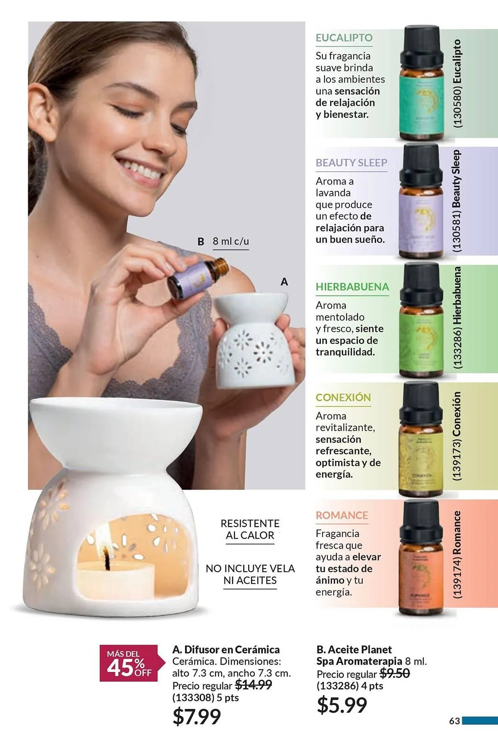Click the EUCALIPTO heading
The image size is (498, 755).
[344, 38]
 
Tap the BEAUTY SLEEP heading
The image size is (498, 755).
[351, 163]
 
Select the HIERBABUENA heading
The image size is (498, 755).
[352, 287]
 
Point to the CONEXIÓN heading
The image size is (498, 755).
[343, 398]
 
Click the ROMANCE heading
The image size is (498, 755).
[342, 515]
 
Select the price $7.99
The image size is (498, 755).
[196, 716]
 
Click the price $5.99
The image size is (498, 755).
[342, 705]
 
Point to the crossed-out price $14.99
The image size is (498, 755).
[253, 685]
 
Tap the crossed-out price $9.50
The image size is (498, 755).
[395, 673]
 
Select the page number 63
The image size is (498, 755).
[455, 721]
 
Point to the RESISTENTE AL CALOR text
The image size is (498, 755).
[250, 529]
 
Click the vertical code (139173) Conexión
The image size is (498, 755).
[457, 436]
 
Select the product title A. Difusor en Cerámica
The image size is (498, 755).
[226, 650]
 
